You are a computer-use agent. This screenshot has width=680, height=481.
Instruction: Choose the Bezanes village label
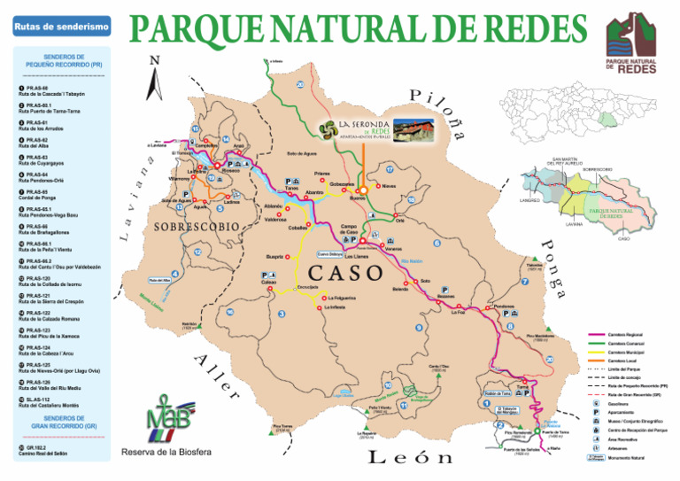pos(445,297)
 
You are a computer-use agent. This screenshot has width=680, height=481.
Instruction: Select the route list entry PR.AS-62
pos(35,143)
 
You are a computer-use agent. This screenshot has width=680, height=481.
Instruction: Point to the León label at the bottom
pos(411,457)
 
